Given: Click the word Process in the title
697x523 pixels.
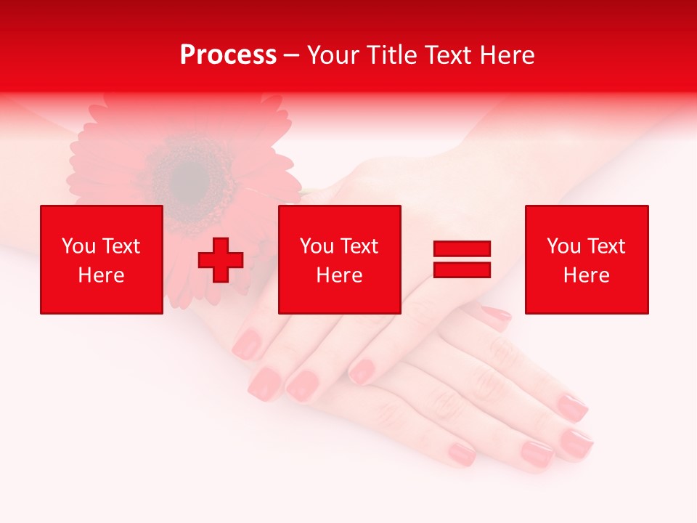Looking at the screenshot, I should pos(228,55).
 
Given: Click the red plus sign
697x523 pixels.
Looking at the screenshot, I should pos(221,260).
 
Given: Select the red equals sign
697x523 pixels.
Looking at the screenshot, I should pos(462,259).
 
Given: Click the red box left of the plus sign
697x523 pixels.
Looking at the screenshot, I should pos(102,259).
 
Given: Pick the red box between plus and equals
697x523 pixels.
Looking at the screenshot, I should pos(340,259).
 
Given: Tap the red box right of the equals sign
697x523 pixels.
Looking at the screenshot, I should pos(587,259).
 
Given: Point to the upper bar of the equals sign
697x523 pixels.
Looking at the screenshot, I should pos(462,249).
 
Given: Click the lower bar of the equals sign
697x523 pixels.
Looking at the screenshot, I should pos(462,270).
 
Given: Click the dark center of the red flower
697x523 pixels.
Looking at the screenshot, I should pos(190,174).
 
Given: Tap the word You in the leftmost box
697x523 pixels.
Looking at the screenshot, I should pos(78,246).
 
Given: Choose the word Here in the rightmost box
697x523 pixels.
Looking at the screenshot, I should pos(587,275).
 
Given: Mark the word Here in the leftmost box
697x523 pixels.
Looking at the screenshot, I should pos(102,275).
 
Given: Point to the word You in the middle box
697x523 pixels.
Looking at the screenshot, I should pos(317,246).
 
